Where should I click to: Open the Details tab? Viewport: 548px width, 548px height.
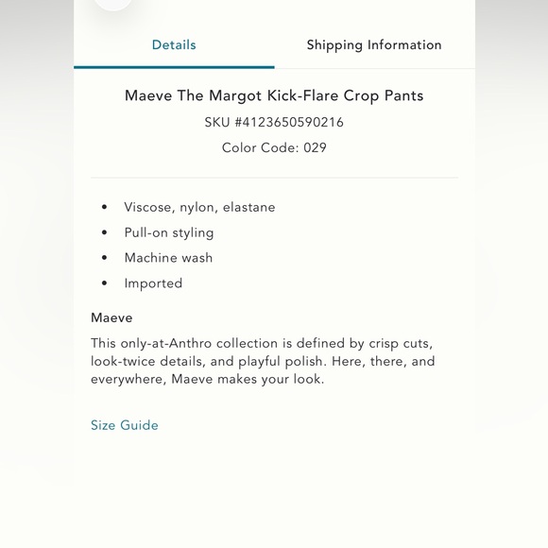point(174,44)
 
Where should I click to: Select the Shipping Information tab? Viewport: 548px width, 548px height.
point(374,44)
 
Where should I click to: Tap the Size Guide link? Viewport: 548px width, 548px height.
point(125,425)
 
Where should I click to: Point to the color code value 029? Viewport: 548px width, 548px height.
point(316,147)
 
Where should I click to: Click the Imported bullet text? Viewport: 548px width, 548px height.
point(153,283)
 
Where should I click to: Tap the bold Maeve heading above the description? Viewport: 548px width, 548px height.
point(111,317)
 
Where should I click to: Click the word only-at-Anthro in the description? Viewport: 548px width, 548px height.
point(166,343)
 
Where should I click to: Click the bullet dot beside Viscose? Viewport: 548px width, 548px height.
point(105,207)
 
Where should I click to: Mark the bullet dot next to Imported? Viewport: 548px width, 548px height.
point(105,283)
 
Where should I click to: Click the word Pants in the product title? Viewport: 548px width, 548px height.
point(403,95)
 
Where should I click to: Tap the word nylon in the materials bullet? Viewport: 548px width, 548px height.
point(197,208)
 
